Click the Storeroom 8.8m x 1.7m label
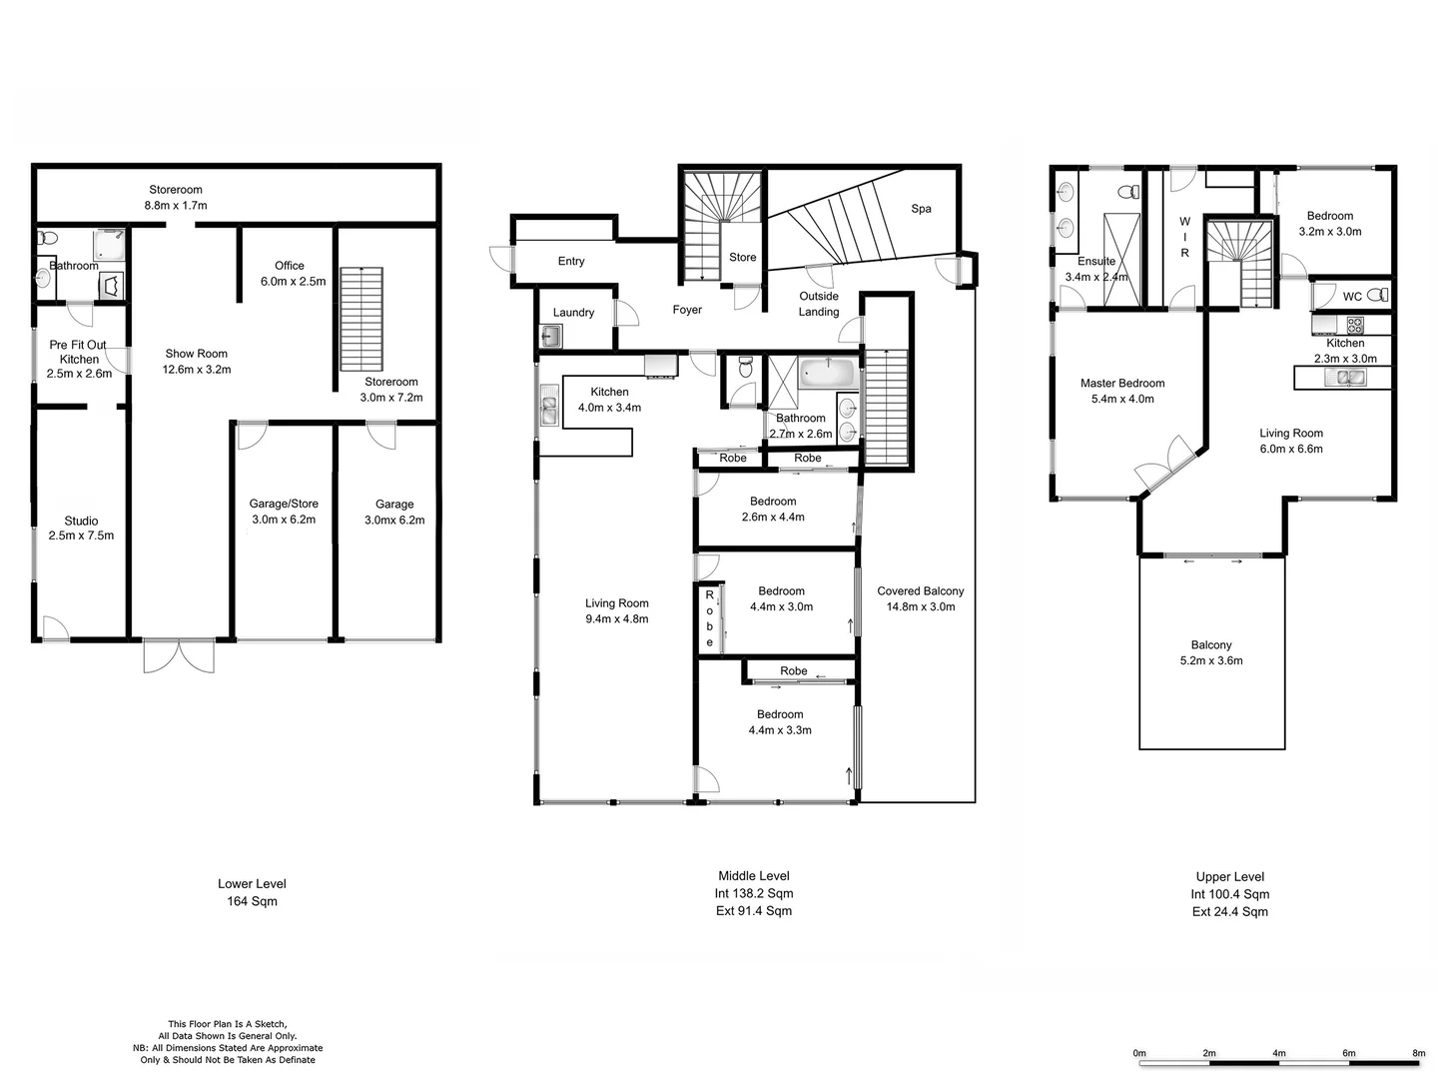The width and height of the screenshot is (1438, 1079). point(176,197)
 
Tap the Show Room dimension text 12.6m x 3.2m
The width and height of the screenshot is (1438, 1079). point(197,370)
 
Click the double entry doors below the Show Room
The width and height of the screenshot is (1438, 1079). point(179,655)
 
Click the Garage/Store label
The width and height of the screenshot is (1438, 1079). point(284,504)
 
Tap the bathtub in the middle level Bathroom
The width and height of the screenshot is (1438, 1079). point(827,375)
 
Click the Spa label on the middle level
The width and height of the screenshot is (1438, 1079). point(921,209)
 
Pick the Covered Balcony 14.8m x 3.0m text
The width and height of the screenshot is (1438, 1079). point(920,598)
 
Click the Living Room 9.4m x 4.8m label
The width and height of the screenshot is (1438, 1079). point(616,610)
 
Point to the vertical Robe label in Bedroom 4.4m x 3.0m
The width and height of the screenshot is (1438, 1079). point(710,618)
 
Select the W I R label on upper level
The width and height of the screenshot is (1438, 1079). point(1184,238)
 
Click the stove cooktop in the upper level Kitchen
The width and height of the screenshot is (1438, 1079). point(1355,325)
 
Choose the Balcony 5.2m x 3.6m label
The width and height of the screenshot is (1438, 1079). point(1211,652)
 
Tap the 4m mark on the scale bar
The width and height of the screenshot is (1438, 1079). point(1279,1053)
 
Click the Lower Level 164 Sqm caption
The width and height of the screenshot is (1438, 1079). point(252,892)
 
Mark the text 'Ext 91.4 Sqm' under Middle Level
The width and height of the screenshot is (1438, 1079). point(754,911)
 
